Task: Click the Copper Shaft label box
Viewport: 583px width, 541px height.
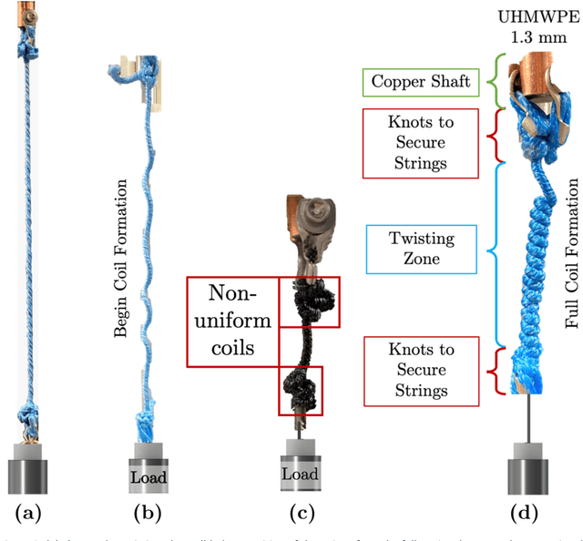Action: pyautogui.click(x=422, y=83)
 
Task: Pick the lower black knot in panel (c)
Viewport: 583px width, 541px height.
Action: pyautogui.click(x=300, y=390)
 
